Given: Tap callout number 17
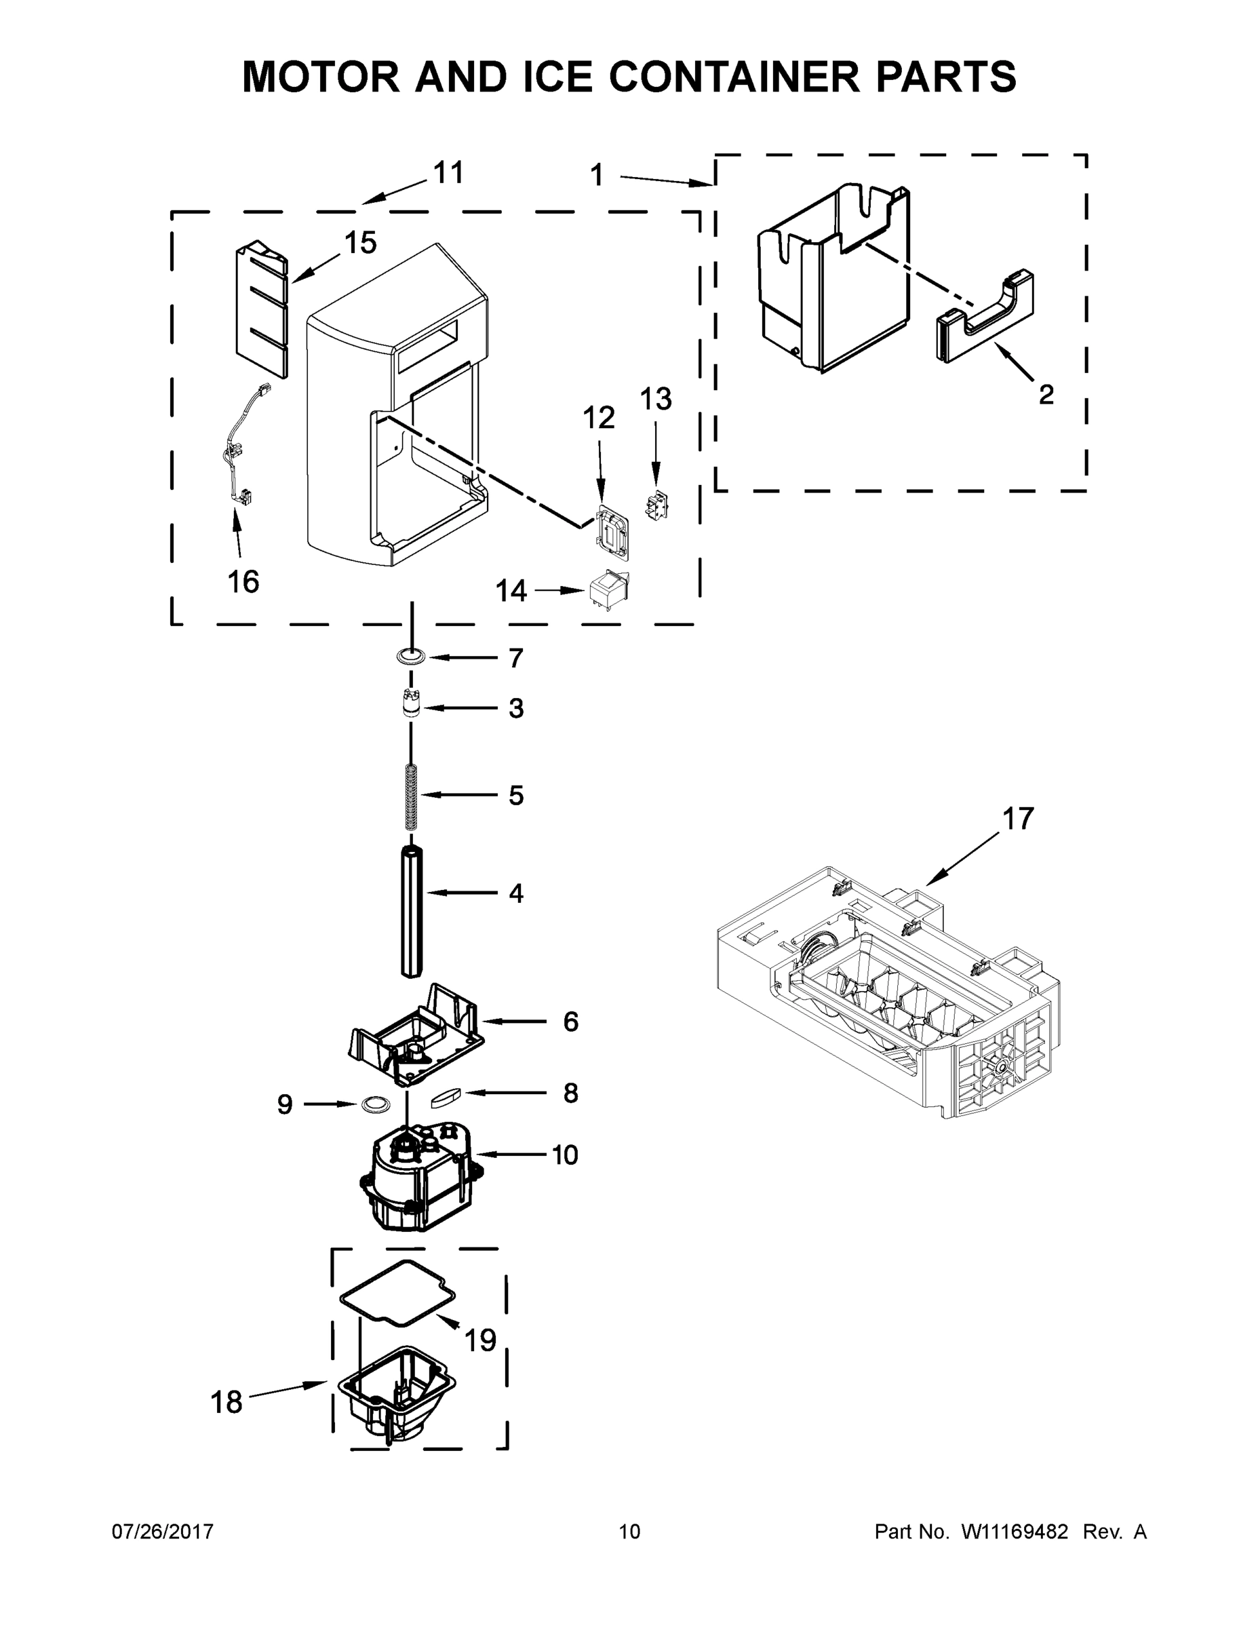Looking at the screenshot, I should click(1017, 819).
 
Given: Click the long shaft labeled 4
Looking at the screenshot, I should click(412, 911).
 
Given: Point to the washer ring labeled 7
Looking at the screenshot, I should click(411, 657).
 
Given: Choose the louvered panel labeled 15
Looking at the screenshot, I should click(261, 309).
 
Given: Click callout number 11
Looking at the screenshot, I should click(449, 173).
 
